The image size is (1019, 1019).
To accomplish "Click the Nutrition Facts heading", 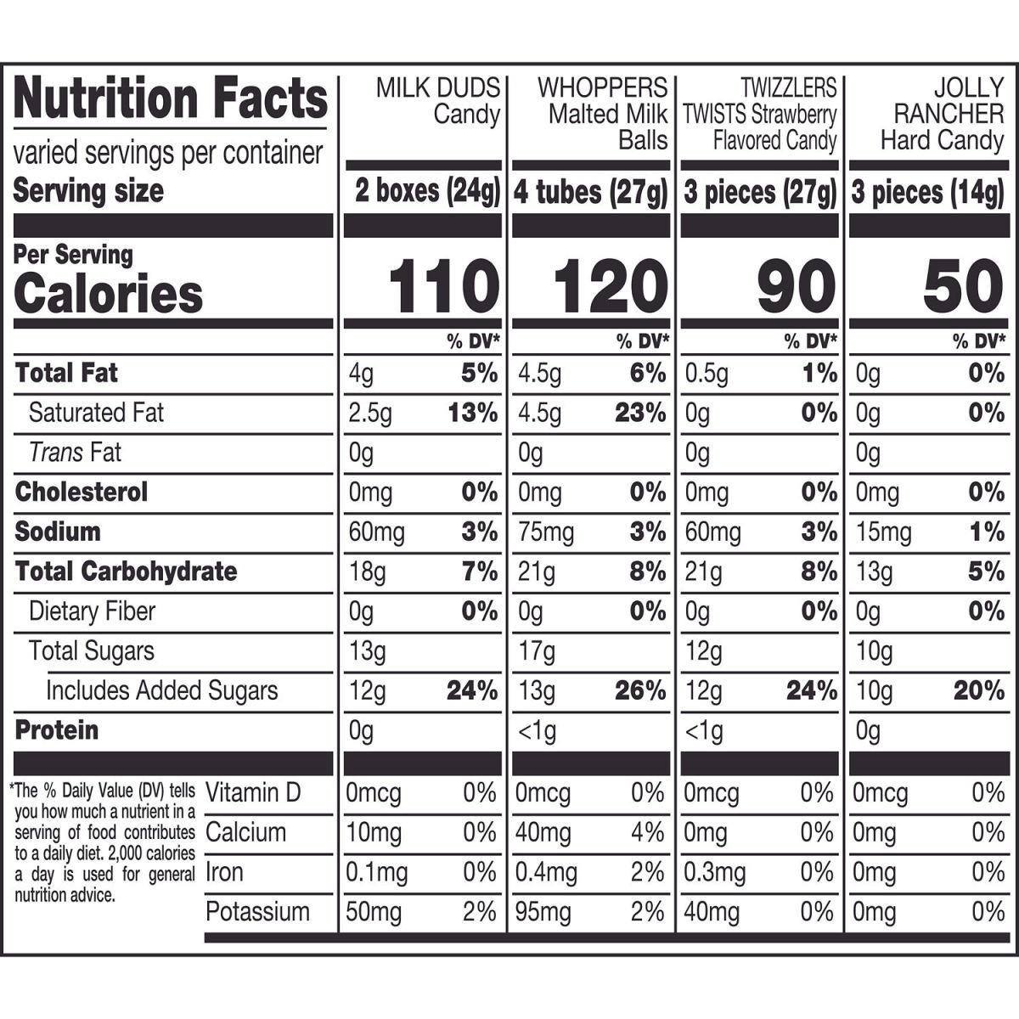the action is (x=171, y=98).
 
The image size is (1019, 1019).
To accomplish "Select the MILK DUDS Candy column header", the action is (x=438, y=101).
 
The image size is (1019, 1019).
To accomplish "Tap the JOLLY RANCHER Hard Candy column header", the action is (x=943, y=115).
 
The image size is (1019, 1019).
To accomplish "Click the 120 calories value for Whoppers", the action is (x=611, y=286).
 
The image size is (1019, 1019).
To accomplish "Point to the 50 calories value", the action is (x=963, y=286).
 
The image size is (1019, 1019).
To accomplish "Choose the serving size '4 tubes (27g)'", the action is (x=591, y=191).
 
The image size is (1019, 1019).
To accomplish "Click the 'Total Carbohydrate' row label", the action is (x=126, y=571).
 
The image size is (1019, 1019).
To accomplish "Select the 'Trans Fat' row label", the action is (x=75, y=452).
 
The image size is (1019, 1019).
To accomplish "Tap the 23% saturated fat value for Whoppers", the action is (x=640, y=413).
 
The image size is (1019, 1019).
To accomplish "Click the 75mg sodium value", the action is (x=546, y=532).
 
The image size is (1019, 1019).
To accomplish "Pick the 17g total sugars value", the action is (x=536, y=651).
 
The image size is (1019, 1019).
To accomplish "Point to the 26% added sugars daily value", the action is (x=640, y=690).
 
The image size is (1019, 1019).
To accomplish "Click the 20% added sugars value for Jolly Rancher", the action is (x=979, y=690).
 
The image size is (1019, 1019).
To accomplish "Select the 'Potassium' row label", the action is (x=257, y=912).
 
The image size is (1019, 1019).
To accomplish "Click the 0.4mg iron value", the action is (x=546, y=873).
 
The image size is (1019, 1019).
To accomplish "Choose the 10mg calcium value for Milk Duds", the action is (x=374, y=833).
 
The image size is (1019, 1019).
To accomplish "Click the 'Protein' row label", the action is (x=57, y=730).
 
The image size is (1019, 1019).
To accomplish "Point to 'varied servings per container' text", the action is (x=168, y=154).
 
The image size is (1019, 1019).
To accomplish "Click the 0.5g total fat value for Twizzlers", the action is (x=707, y=374).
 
